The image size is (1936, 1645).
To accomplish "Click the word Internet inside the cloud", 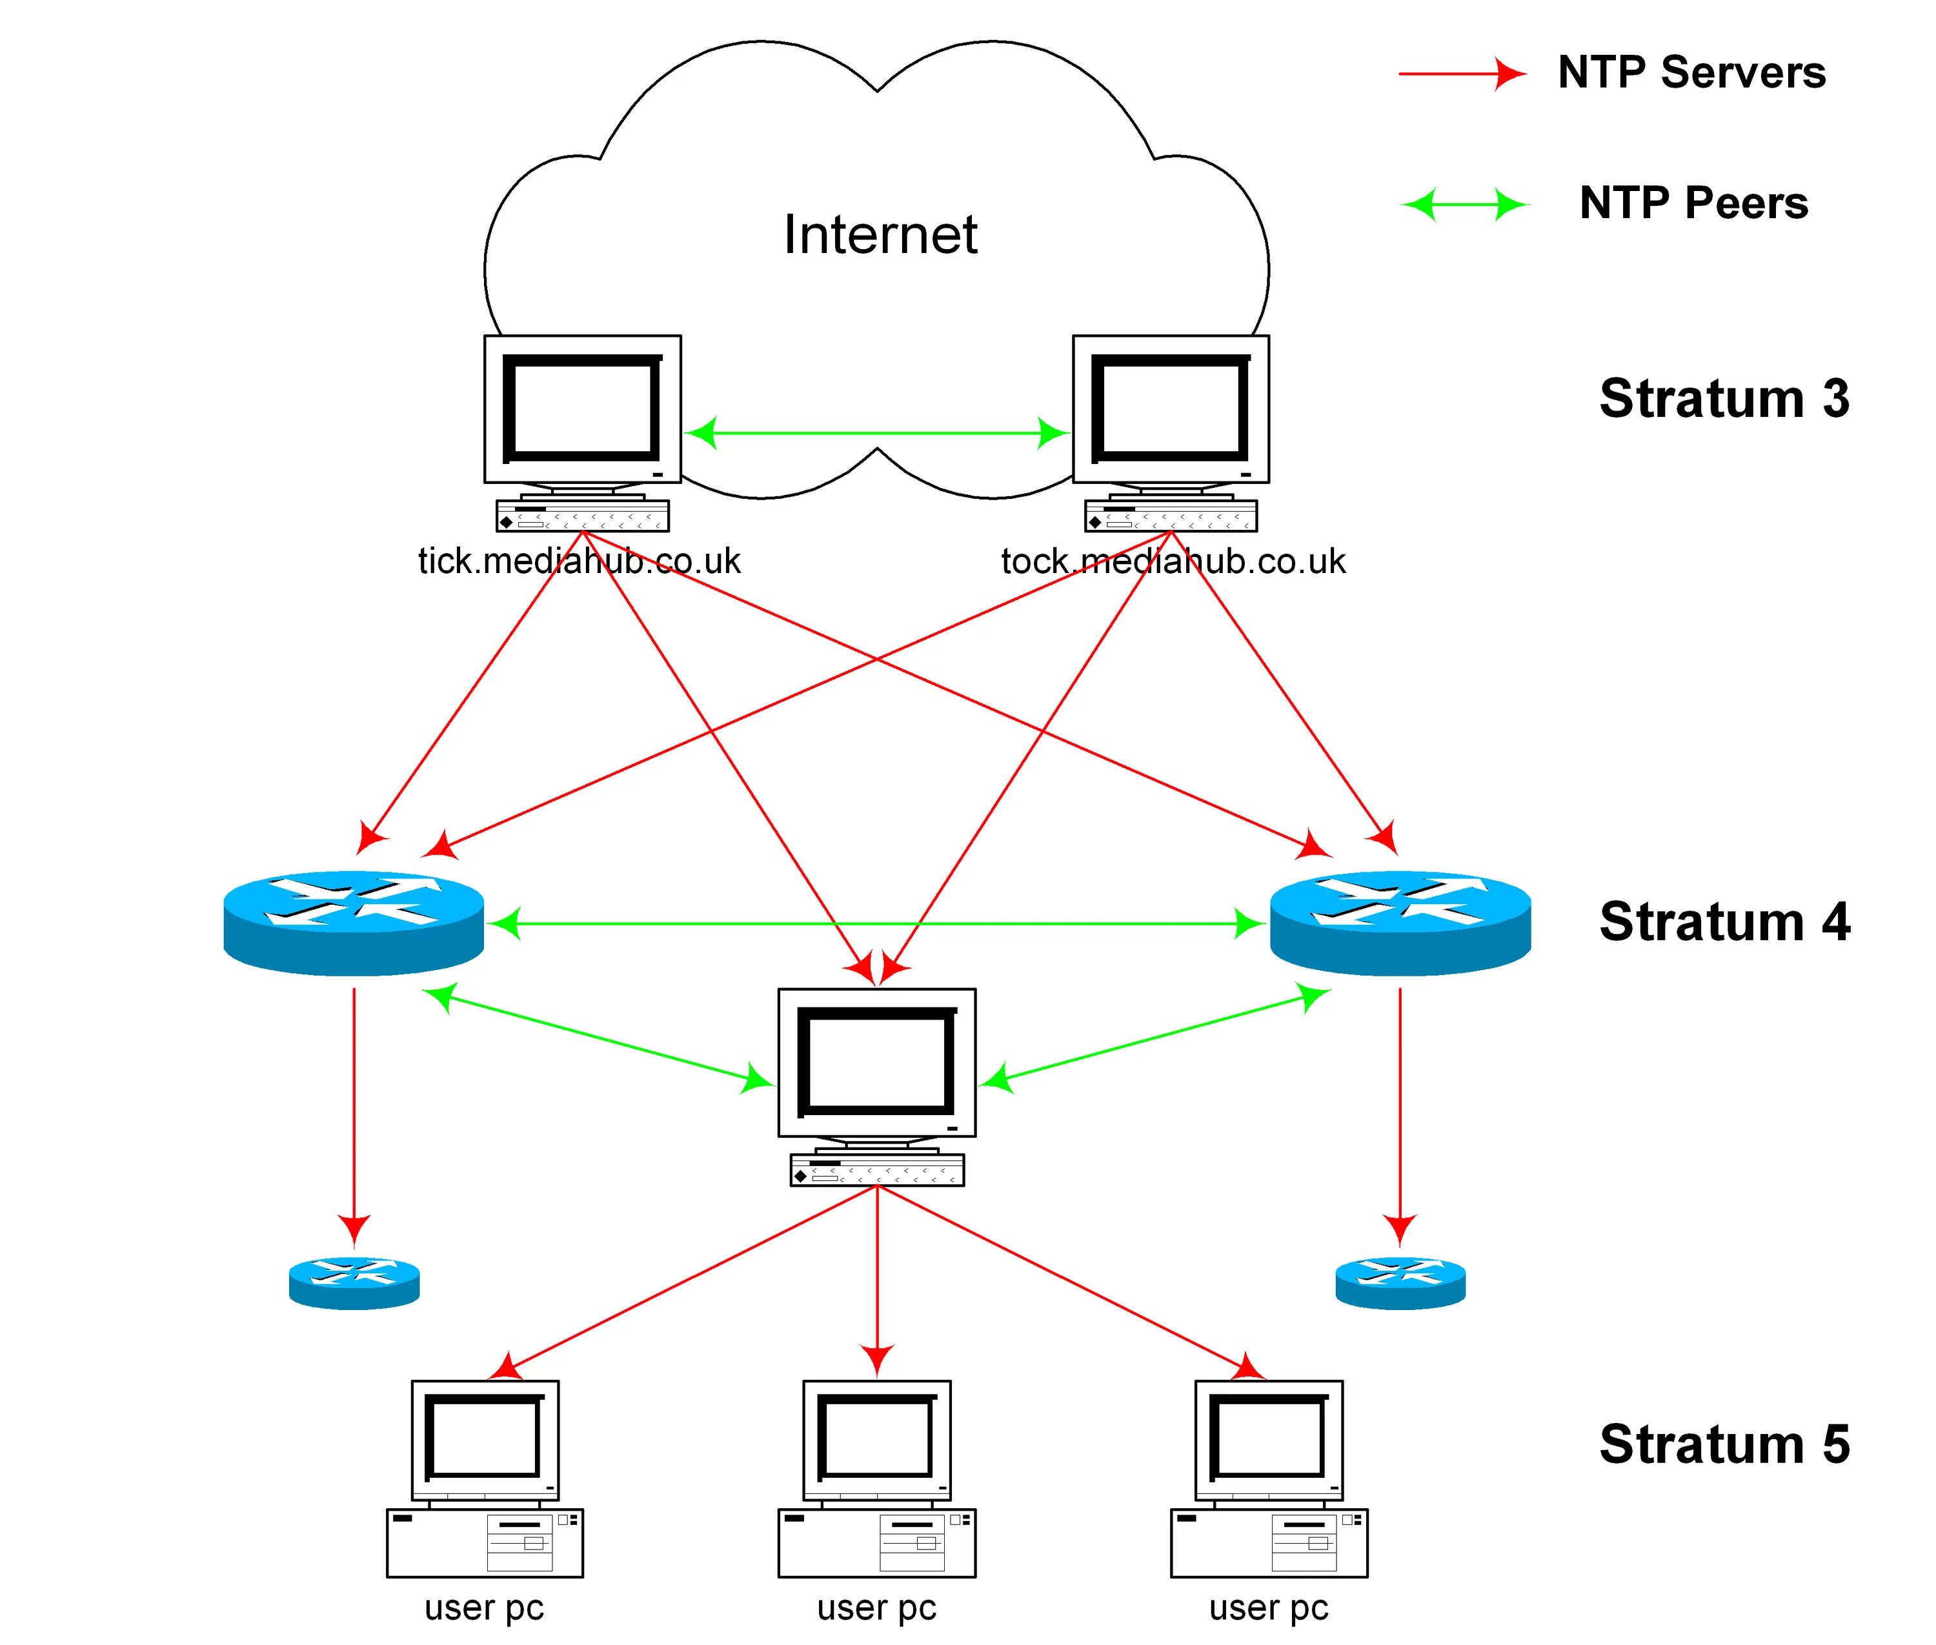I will (880, 234).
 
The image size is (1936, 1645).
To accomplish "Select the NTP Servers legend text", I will (1691, 73).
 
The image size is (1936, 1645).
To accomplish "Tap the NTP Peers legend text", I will (1693, 203).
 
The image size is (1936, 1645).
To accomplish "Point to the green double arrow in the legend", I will (1464, 203).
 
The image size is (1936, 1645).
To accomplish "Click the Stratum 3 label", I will (1724, 398).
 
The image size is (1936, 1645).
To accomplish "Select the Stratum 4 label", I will (1724, 922).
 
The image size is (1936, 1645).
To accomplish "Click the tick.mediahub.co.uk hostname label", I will (578, 561).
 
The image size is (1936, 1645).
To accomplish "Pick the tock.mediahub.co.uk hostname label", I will (1172, 561).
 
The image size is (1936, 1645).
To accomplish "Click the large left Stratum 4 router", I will (354, 923).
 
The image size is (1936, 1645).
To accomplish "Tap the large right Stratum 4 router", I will (1400, 923).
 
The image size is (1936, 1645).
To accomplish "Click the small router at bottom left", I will (354, 1282).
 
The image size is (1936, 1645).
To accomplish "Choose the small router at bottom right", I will (1400, 1282).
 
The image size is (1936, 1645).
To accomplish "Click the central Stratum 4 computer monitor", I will (876, 1062).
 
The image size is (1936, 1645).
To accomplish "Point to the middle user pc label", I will (876, 1607).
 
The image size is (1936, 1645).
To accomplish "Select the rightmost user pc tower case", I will (1268, 1542).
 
